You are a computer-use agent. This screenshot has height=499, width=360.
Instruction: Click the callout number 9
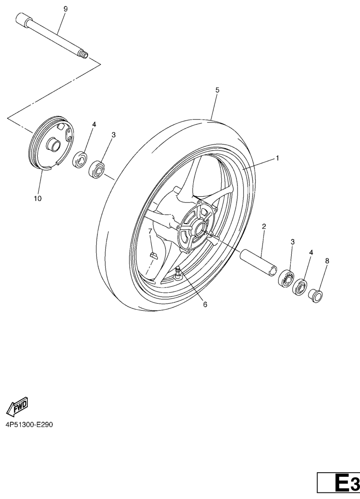click(x=65, y=9)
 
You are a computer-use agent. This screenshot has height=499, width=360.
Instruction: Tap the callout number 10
click(x=38, y=199)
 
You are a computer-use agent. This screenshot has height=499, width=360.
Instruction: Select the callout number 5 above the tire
click(x=217, y=90)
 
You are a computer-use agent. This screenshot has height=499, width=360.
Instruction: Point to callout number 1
click(x=278, y=158)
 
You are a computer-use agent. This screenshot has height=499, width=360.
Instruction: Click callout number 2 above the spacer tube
click(x=264, y=226)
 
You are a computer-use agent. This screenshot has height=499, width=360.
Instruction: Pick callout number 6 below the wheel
click(x=205, y=305)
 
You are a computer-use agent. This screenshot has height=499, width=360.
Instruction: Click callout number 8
click(x=327, y=261)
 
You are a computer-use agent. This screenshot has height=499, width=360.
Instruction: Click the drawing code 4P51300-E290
click(x=29, y=425)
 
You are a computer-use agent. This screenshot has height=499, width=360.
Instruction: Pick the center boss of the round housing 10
click(x=53, y=145)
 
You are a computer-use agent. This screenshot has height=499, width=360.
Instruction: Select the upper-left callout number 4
click(x=94, y=124)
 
